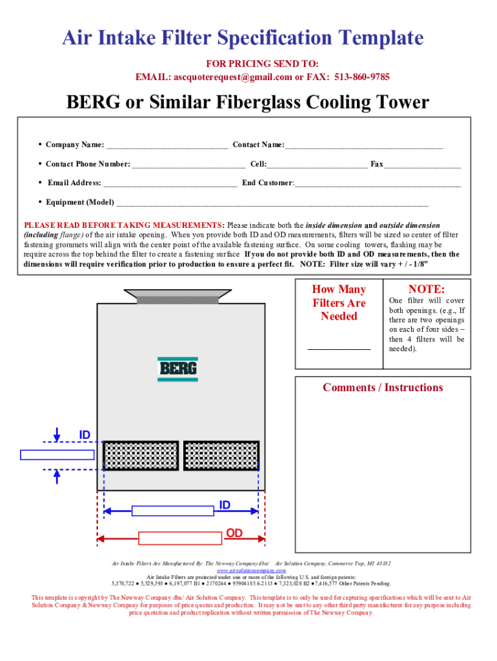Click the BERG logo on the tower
click(x=178, y=369)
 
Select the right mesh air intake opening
click(x=221, y=456)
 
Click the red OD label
click(x=234, y=533)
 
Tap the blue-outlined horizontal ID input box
click(x=172, y=511)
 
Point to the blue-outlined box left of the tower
click(x=57, y=454)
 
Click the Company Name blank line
click(x=167, y=145)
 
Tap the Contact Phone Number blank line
click(x=188, y=165)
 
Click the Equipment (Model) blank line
click(x=271, y=203)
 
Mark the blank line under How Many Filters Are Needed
click(x=339, y=349)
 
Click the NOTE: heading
click(x=426, y=289)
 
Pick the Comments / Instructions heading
click(x=383, y=387)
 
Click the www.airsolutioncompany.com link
click(x=251, y=571)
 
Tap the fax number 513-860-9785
click(x=362, y=77)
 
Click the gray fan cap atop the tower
click(x=177, y=299)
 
